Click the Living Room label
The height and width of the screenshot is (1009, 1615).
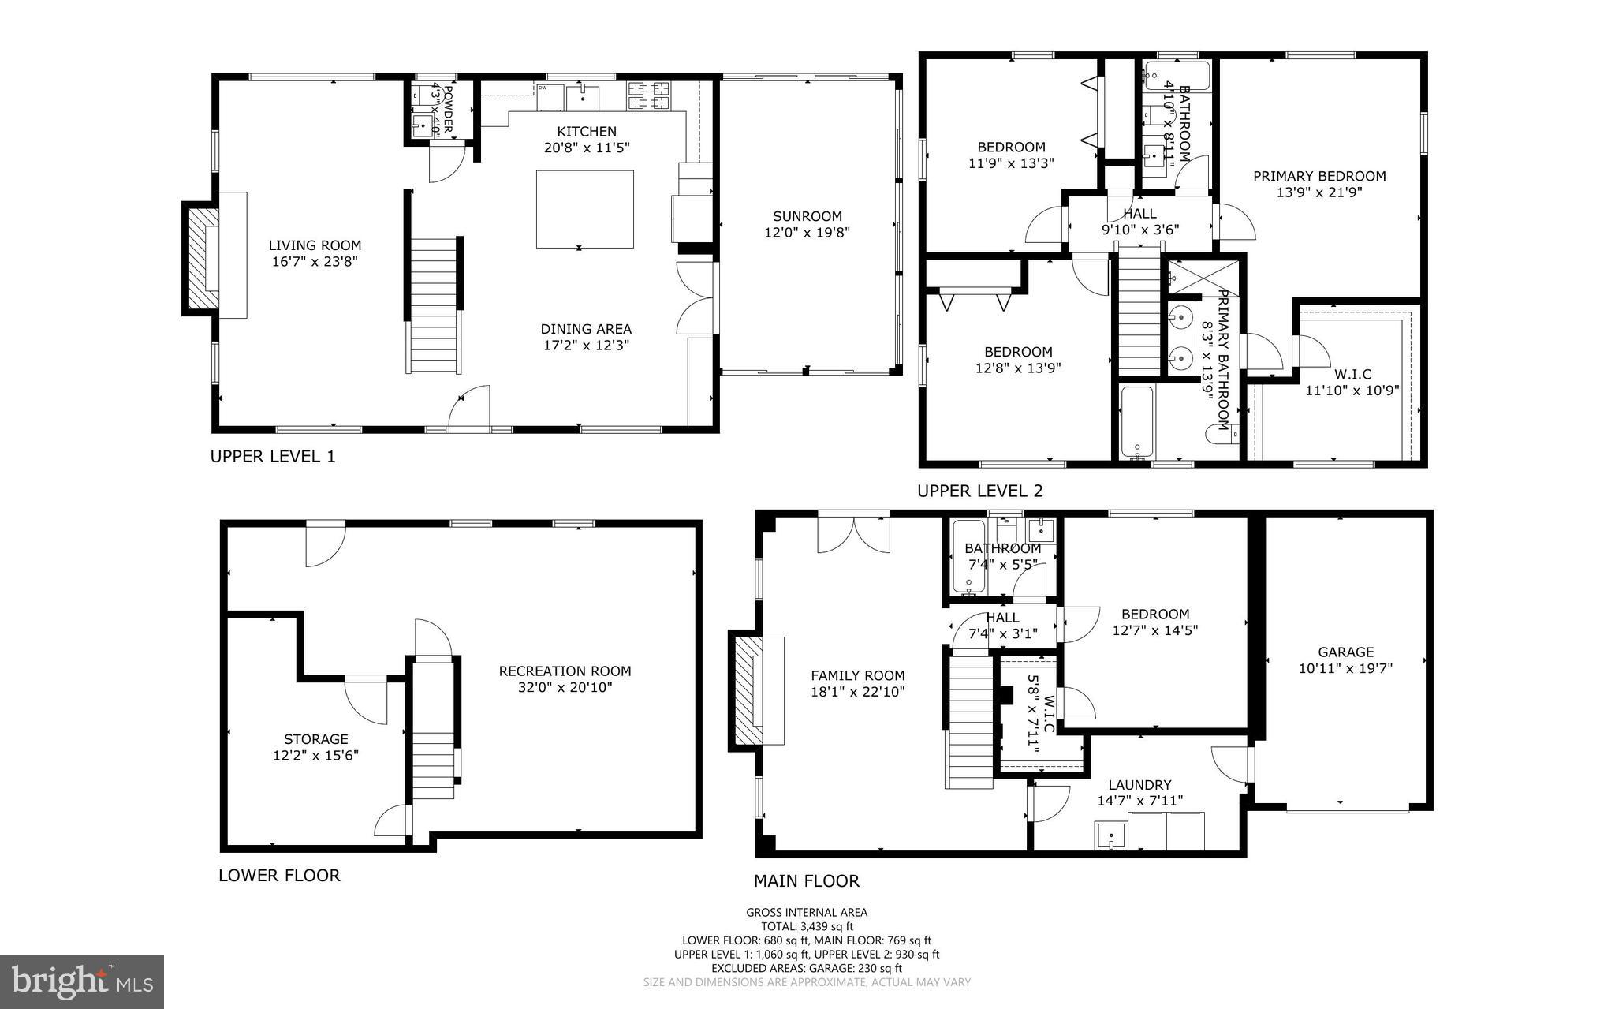[x=315, y=245]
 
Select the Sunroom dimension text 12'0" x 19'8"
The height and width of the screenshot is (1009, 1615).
[x=807, y=233]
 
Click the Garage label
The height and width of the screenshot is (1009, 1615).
[x=1345, y=652]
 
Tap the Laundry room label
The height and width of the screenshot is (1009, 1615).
[x=1139, y=785]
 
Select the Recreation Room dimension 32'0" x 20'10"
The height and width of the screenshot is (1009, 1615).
[x=565, y=687]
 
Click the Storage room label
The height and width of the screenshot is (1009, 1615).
[x=315, y=739]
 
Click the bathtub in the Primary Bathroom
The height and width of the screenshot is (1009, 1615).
[x=1137, y=422]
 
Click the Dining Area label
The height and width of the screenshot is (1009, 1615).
[x=585, y=329]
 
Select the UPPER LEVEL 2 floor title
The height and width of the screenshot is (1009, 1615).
[x=979, y=491]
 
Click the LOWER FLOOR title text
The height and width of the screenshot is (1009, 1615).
[x=279, y=875]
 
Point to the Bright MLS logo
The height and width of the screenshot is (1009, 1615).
[x=82, y=981]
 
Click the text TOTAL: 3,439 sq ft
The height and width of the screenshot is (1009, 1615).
[x=807, y=926]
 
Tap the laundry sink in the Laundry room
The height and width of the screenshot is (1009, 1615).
[x=1110, y=835]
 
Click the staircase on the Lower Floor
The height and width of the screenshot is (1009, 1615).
[x=432, y=730]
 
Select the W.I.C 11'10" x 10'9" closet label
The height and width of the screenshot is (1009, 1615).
[x=1352, y=375]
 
